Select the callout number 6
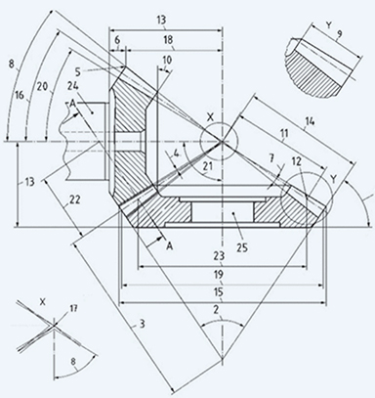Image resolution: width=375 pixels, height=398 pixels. pyautogui.click(x=117, y=41)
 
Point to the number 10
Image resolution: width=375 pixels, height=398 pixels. pyautogui.click(x=168, y=61)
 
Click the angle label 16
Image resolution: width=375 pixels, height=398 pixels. pyautogui.click(x=20, y=94)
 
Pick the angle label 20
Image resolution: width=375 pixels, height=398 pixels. pyautogui.click(x=42, y=87)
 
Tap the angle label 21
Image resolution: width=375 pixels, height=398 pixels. pyautogui.click(x=206, y=166)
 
